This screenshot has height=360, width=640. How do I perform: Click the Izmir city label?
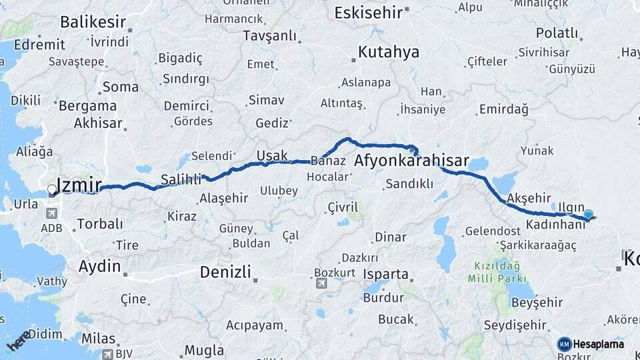click(x=81, y=185)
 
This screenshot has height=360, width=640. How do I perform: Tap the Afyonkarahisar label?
click(x=412, y=161)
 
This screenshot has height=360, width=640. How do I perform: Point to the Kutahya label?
click(x=389, y=52)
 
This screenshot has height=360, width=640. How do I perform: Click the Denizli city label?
click(x=225, y=272)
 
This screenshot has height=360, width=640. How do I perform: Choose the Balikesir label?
click(x=93, y=21)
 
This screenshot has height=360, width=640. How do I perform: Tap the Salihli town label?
click(x=181, y=179)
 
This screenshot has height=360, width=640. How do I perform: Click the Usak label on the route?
click(x=272, y=156)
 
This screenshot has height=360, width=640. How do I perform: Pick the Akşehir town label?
click(x=527, y=199)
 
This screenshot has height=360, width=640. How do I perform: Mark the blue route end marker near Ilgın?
click(x=589, y=214)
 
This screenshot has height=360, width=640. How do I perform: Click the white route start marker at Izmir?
click(x=52, y=191)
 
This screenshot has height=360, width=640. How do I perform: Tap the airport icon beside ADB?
click(x=52, y=213)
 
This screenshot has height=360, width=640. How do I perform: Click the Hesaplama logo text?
click(x=599, y=344)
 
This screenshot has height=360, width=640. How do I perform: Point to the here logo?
click(x=19, y=341)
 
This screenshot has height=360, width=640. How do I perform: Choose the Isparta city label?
click(x=386, y=274)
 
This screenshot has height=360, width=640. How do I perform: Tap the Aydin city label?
click(x=100, y=267)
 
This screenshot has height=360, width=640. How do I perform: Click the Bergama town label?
click(x=87, y=106)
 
